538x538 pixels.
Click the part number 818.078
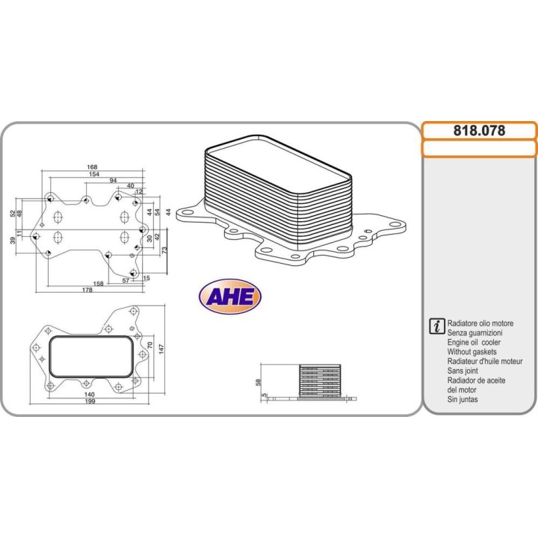tap(479, 131)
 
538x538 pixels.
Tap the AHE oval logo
tap(231, 297)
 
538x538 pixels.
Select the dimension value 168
tap(93, 167)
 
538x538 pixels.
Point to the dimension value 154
tap(94, 174)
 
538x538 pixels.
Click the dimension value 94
tap(113, 182)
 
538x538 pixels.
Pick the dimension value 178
tap(88, 291)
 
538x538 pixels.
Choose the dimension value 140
tap(89, 394)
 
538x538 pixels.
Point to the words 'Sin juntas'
tap(463, 399)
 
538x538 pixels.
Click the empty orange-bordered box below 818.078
tap(479, 149)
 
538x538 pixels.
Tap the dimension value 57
tap(127, 281)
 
